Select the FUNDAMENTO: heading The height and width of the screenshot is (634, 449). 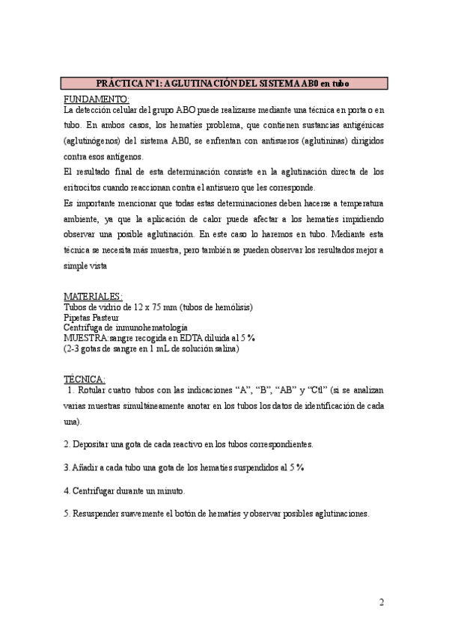[97, 99]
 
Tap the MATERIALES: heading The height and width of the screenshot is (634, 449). [94, 296]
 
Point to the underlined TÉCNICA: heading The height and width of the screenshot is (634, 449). [85, 379]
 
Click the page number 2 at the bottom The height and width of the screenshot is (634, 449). [381, 603]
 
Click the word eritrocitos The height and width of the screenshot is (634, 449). [87, 187]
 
